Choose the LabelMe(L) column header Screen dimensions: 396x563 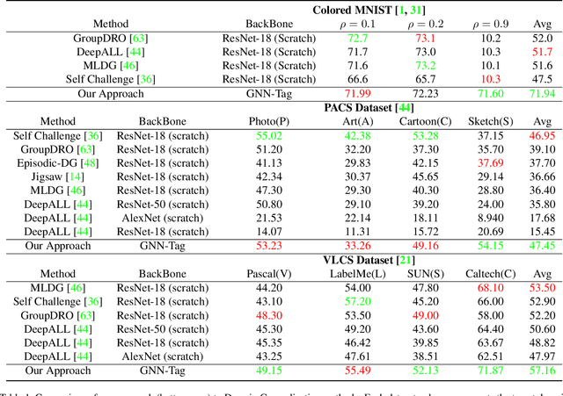(350, 273)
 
